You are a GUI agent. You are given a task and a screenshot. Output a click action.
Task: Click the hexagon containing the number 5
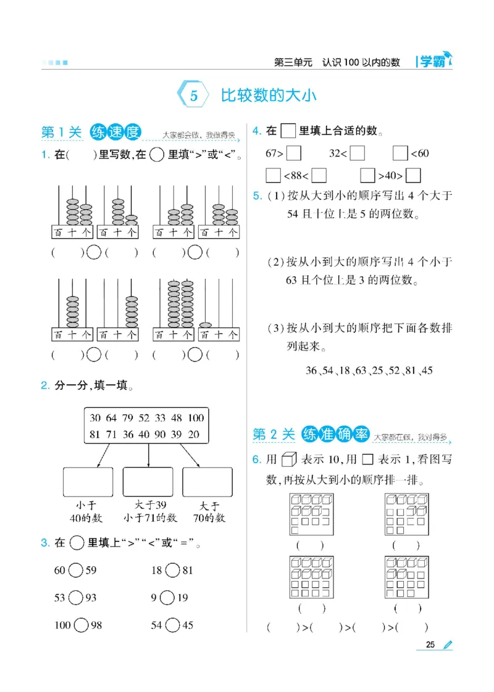193,96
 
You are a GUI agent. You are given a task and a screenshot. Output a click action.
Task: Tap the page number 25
430,645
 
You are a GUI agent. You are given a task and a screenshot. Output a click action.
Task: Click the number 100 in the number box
195,418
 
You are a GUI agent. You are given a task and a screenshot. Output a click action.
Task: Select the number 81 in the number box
94,434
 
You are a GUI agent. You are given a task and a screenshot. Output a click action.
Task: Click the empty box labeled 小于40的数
88,482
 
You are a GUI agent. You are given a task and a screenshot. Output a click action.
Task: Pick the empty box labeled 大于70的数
207,482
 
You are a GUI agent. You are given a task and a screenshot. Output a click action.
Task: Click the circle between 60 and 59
75,570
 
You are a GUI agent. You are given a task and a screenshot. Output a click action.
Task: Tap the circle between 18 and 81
172,570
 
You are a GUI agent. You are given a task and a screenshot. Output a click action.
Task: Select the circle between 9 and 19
167,598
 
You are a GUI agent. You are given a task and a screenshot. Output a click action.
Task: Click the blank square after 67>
294,153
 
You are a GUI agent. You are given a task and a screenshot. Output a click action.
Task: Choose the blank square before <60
400,153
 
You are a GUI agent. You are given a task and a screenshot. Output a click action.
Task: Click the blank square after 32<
358,153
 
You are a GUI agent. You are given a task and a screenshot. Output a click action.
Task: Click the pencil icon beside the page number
448,645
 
